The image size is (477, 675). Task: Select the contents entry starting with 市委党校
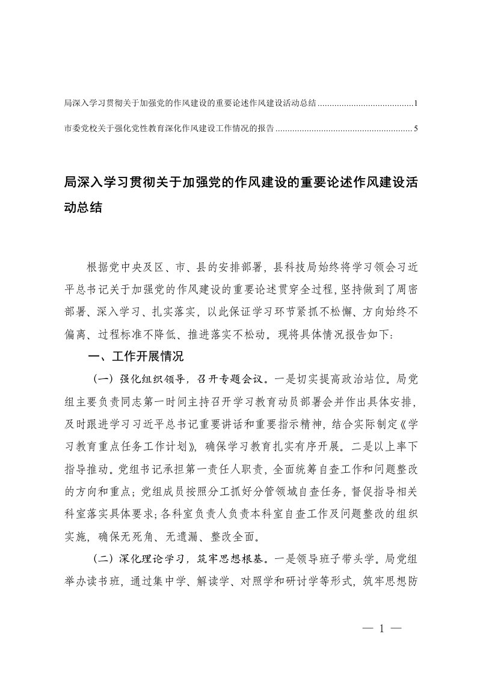[168, 128]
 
